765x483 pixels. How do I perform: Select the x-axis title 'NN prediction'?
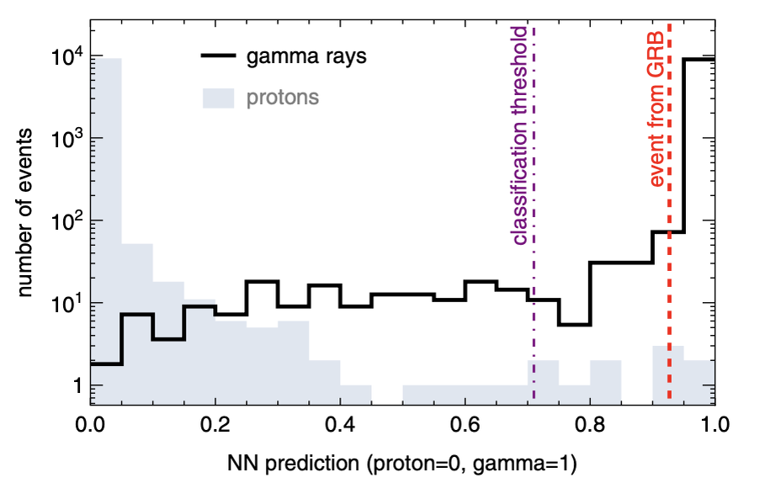pyautogui.click(x=402, y=461)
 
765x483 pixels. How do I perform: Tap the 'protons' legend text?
pyautogui.click(x=283, y=98)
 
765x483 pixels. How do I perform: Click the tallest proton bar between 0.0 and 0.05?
pyautogui.click(x=106, y=227)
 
